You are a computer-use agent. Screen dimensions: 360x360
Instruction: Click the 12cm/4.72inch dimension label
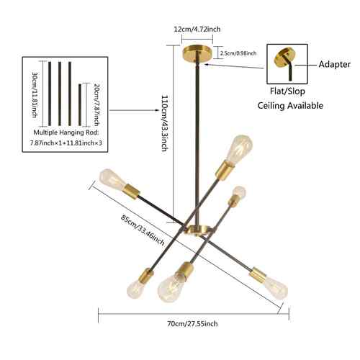coord(197,30)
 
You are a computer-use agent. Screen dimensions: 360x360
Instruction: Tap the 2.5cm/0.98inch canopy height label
coord(238,53)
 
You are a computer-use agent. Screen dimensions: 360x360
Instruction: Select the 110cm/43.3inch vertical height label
coord(165,123)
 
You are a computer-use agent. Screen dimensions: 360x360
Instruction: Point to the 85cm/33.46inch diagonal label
coord(143,230)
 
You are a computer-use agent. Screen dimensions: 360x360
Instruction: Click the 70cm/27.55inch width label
coord(192,324)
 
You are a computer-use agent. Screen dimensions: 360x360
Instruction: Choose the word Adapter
coord(335,64)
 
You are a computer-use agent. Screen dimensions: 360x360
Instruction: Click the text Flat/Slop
coord(287,91)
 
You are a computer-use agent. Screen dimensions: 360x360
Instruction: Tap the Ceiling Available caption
coord(290,106)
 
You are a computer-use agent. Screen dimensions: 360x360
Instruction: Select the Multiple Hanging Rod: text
coord(66,132)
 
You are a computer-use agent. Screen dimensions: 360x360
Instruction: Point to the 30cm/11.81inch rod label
coord(35,94)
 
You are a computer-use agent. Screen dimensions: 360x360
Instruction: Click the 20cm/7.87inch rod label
coord(96,104)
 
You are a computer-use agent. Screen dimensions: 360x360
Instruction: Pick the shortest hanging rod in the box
coord(80,104)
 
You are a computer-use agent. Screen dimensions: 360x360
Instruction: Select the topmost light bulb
coord(239,149)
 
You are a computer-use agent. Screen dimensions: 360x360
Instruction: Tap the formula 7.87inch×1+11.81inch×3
coord(66,143)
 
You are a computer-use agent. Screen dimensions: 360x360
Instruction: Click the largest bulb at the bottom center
coord(171,288)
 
